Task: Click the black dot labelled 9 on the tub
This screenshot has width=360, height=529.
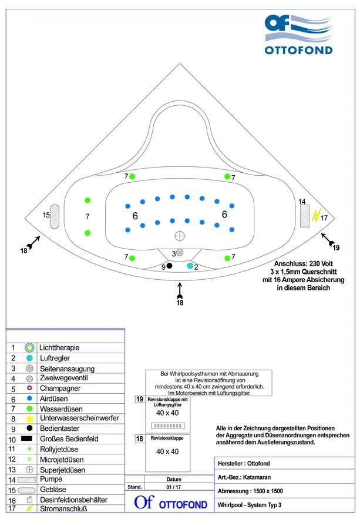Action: coord(170,266)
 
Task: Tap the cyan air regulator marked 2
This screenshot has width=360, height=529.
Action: coord(190,266)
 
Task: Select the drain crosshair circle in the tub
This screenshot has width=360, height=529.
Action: coord(180,235)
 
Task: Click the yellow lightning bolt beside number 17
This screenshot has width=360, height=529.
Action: coord(315,215)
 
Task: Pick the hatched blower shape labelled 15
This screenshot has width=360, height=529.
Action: coord(55,216)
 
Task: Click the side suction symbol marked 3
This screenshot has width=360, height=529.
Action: coord(180,252)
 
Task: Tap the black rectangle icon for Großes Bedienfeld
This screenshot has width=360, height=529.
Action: coord(27,438)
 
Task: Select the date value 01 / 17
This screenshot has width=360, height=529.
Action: coord(173,487)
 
